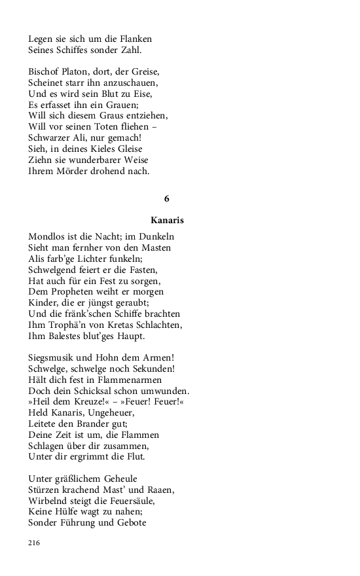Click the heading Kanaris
coord(166,221)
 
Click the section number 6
coord(166,198)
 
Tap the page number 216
coord(35,543)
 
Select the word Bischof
coord(44,71)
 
